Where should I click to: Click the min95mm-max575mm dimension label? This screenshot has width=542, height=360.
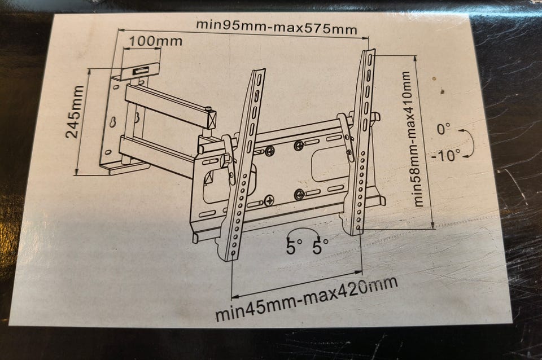point(276,27)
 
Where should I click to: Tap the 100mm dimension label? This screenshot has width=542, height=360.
point(155,41)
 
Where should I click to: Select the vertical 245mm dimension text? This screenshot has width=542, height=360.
point(75,112)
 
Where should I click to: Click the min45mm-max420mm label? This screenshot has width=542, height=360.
point(306,298)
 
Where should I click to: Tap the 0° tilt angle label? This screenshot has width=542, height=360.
point(444,130)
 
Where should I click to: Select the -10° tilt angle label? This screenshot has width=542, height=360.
point(446,155)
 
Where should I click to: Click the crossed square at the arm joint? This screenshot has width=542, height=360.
point(211,120)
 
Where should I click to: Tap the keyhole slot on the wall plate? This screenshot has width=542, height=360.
point(113,122)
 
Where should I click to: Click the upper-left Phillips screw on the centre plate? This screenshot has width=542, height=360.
point(270,150)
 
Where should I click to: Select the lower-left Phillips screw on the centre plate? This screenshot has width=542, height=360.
point(269,200)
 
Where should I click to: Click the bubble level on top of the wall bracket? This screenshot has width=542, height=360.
point(141,71)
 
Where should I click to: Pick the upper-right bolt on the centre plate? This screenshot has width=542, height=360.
point(299,146)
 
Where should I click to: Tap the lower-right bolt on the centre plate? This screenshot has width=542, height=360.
point(299,195)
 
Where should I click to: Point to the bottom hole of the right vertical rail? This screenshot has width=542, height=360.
point(358,227)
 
